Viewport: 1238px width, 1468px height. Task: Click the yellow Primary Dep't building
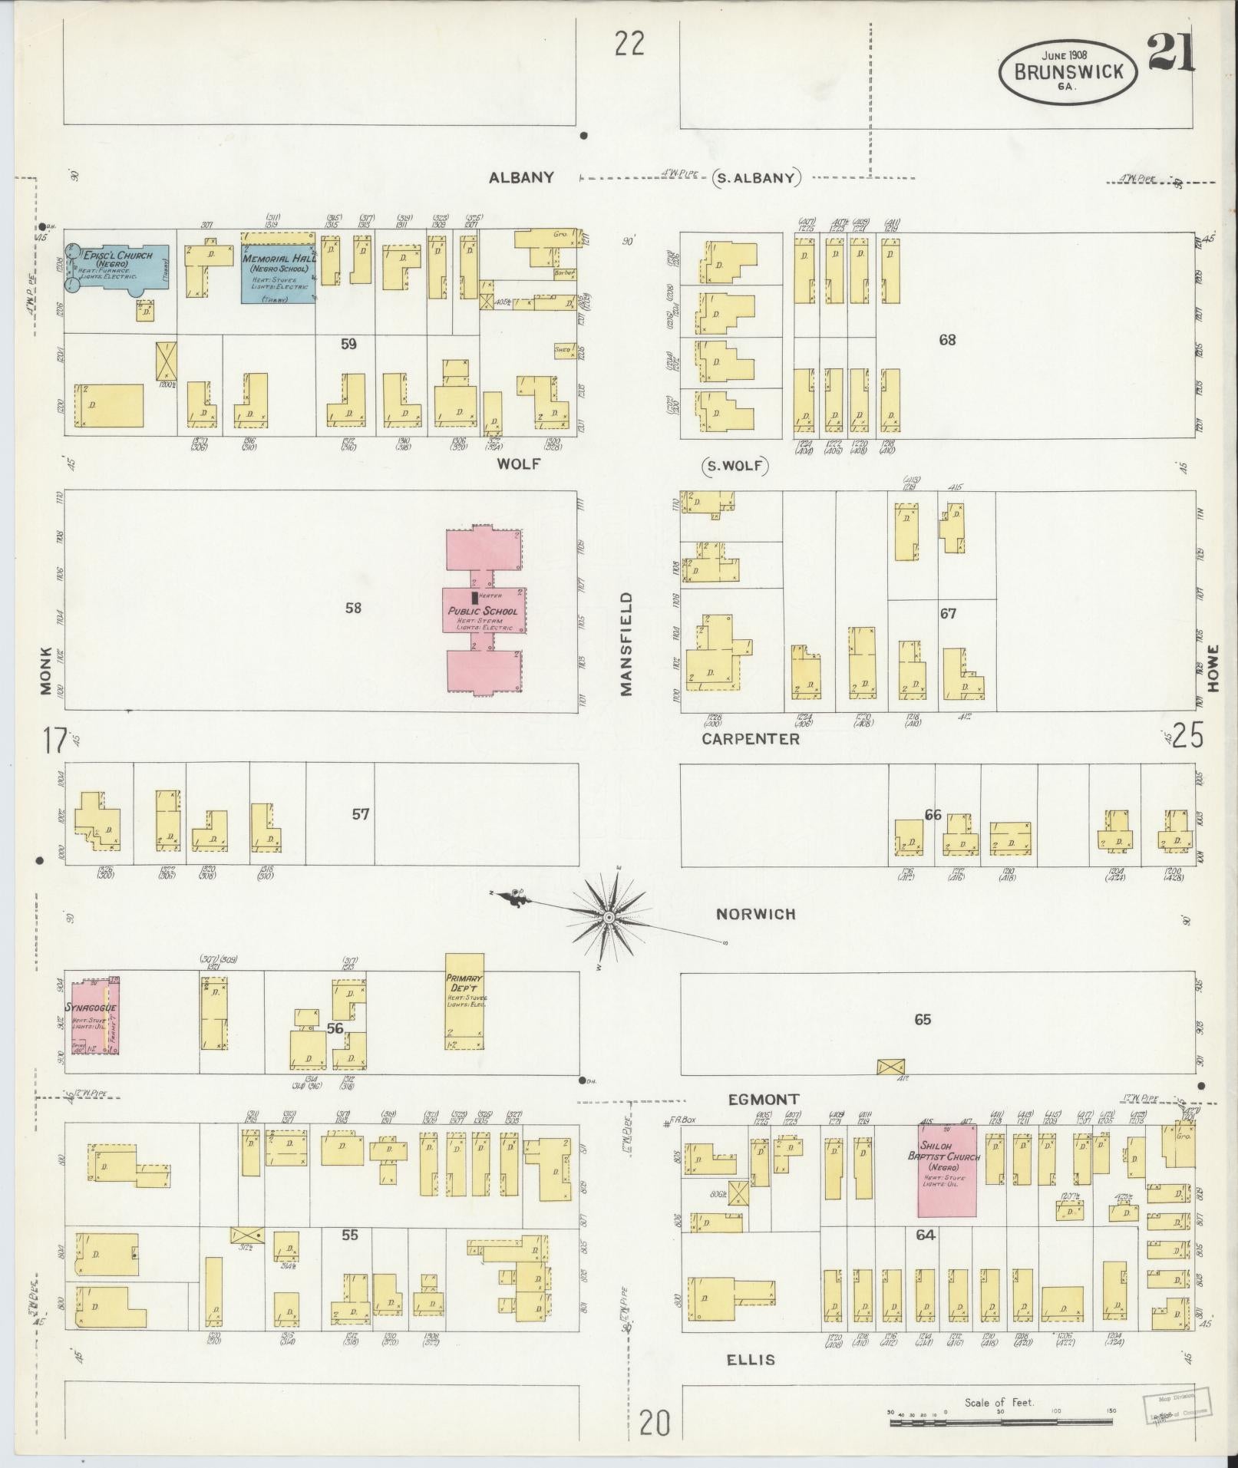pyautogui.click(x=465, y=1001)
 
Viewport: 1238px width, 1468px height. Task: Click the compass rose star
pyautogui.click(x=608, y=918)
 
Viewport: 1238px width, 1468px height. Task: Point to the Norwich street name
pyautogui.click(x=755, y=914)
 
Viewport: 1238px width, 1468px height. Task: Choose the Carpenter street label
pyautogui.click(x=751, y=739)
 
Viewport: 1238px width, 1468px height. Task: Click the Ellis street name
pyautogui.click(x=751, y=1360)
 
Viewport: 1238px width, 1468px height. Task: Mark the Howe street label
pyautogui.click(x=1213, y=668)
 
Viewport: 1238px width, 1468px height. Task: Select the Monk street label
pyautogui.click(x=46, y=671)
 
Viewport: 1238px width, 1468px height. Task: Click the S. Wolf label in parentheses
pyautogui.click(x=735, y=466)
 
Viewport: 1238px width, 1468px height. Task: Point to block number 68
pyautogui.click(x=947, y=339)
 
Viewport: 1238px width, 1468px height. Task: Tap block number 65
pyautogui.click(x=923, y=1019)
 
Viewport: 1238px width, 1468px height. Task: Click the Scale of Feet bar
pyautogui.click(x=1001, y=1422)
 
